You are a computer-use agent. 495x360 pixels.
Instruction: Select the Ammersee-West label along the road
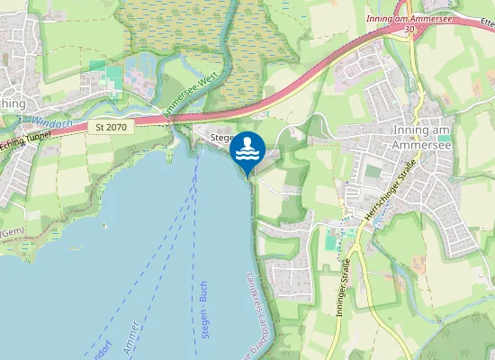192,94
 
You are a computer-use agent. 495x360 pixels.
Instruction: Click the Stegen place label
221,138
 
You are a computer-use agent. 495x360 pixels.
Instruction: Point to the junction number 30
410,29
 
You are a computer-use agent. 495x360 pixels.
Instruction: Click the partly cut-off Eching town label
13,103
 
